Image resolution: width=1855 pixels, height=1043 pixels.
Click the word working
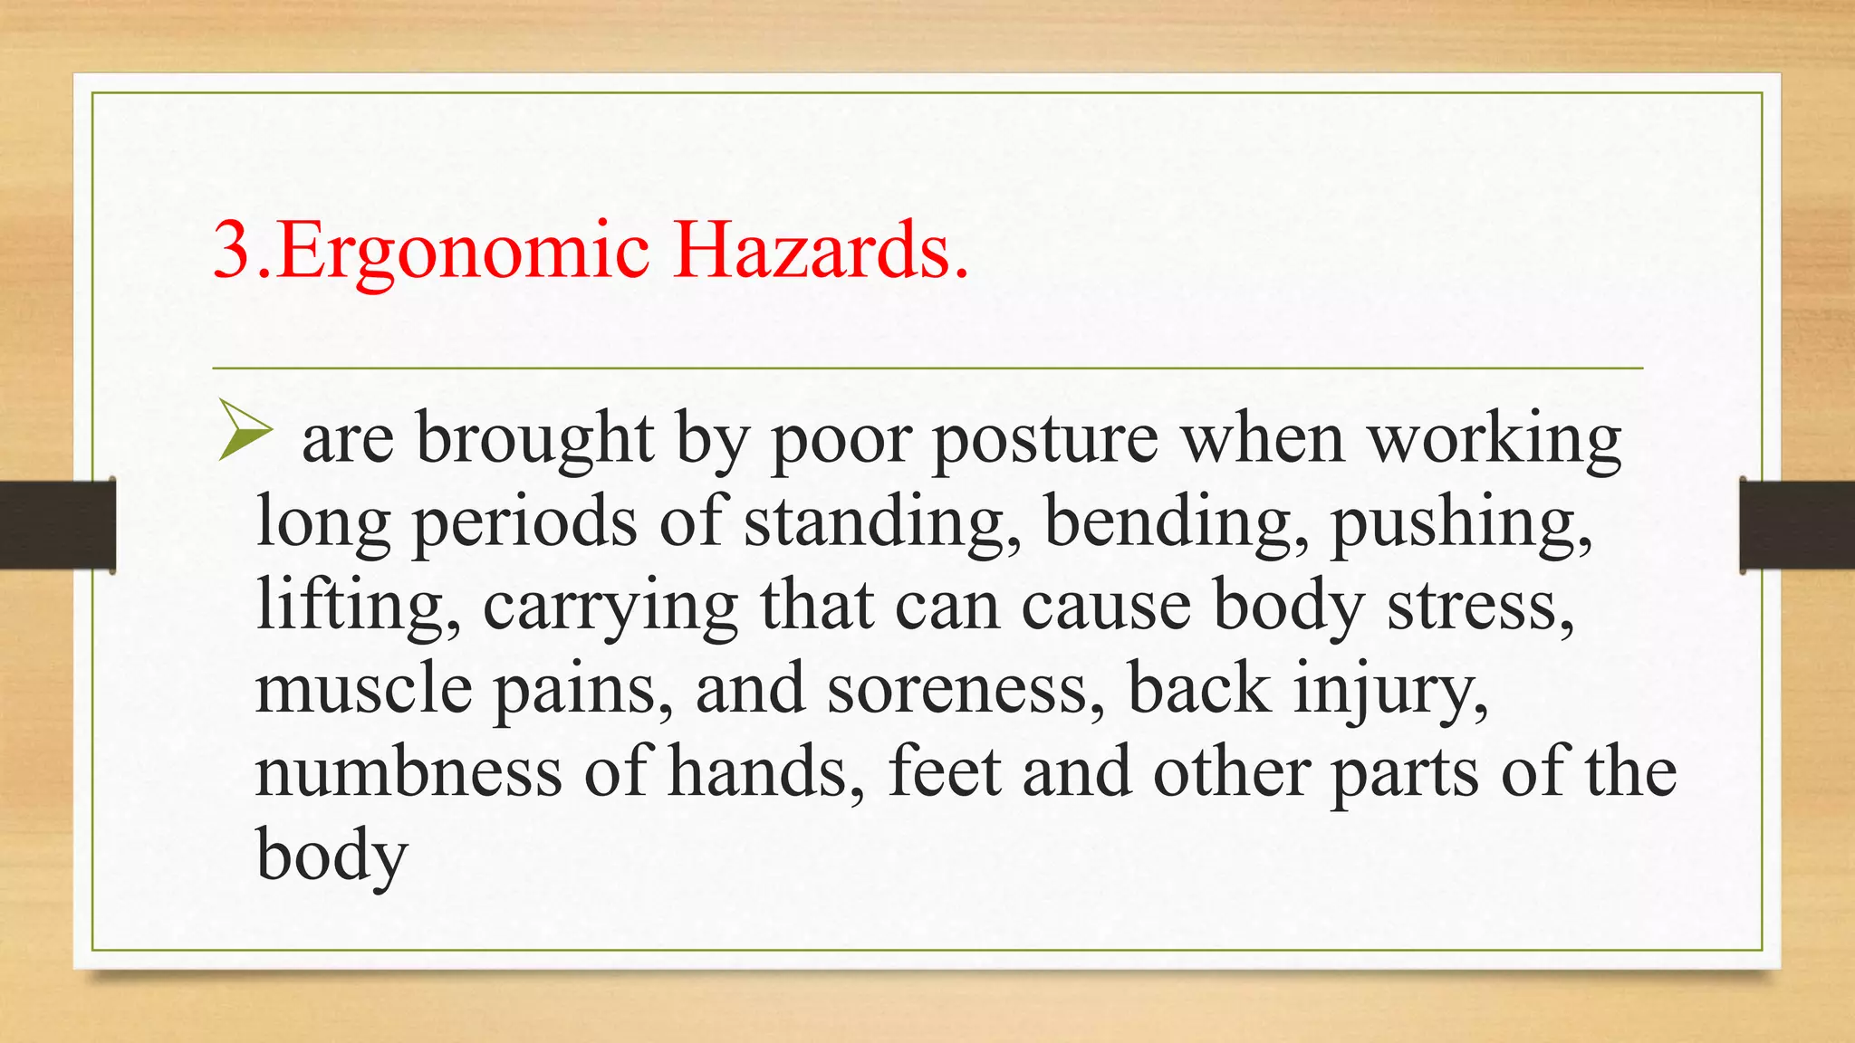click(1494, 442)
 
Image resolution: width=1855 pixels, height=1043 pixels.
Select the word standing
click(874, 524)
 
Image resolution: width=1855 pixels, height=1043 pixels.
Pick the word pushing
click(1461, 524)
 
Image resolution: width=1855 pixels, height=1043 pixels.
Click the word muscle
click(363, 688)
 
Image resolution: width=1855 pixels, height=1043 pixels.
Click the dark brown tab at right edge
click(1797, 525)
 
